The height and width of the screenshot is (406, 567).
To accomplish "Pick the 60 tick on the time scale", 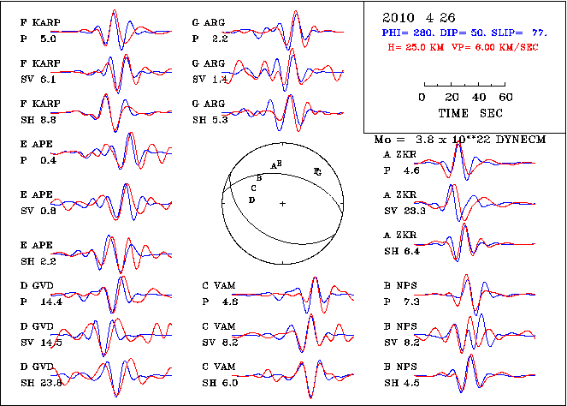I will pyautogui.click(x=505, y=97).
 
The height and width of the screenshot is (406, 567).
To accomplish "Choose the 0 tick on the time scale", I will pyautogui.click(x=422, y=97).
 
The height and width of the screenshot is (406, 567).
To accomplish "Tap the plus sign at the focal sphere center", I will pyautogui.click(x=282, y=203).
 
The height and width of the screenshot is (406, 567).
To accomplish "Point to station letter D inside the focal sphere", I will pyautogui.click(x=251, y=200).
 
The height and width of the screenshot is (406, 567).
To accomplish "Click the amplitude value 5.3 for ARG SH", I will pyautogui.click(x=219, y=119).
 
